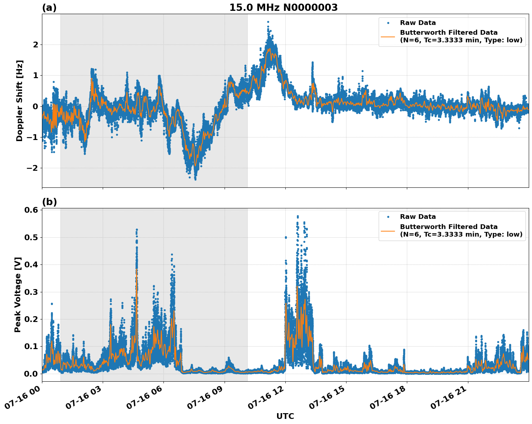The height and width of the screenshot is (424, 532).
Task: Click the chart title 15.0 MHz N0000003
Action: point(283,8)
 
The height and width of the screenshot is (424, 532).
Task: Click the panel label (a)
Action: point(49,8)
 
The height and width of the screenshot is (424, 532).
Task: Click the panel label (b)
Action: point(49,202)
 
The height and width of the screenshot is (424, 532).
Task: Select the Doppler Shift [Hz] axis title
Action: point(20,101)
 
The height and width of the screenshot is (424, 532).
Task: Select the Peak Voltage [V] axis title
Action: point(18,294)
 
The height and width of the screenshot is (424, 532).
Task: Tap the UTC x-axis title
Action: point(285,416)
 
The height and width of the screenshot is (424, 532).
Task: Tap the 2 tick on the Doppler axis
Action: point(35,44)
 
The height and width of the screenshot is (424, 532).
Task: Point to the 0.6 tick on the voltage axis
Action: point(31,210)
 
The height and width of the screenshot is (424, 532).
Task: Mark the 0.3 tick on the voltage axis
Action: point(31,292)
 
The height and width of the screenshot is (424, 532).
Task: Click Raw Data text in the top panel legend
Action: point(418,23)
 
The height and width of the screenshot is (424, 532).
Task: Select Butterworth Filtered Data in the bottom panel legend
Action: point(448,227)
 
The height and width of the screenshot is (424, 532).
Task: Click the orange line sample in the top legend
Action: point(388,36)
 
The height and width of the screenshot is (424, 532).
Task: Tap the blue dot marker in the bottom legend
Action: point(388,217)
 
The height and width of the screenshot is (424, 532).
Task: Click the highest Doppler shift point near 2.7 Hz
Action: point(268,22)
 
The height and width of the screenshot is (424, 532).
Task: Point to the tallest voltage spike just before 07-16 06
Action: point(137,230)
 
